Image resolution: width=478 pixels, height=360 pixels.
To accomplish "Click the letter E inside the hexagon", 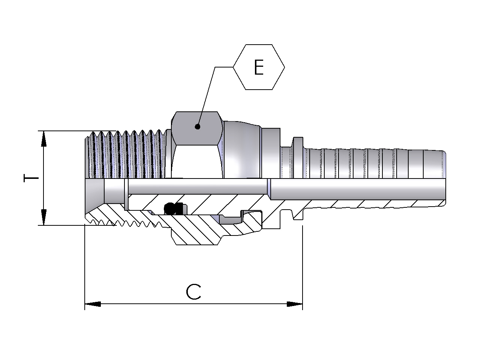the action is (259, 67).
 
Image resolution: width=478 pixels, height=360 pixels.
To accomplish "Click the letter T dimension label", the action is (31, 178).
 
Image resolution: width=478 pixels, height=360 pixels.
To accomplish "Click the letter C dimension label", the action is (193, 292).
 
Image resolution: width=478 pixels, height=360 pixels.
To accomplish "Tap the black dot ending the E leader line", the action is (197, 126).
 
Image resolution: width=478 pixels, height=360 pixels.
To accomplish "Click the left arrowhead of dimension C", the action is (93, 304).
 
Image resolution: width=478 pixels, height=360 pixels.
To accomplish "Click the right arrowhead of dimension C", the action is (294, 304).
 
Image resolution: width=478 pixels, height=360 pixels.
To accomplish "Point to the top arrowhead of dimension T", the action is (44, 139).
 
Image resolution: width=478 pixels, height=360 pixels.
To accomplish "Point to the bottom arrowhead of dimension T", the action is (44, 217).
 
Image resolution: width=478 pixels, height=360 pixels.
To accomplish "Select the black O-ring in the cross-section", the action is (169, 208).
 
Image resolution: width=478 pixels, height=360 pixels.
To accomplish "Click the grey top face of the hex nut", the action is (197, 128).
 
